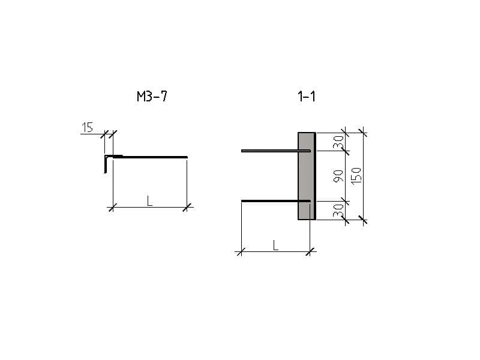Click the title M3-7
click(152, 97)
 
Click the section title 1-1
click(307, 97)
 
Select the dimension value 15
click(87, 127)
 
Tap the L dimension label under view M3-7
click(149, 201)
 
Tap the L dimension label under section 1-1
click(275, 245)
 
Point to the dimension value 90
click(338, 176)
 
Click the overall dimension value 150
click(356, 176)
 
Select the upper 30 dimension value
click(338, 142)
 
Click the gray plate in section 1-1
click(306, 176)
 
